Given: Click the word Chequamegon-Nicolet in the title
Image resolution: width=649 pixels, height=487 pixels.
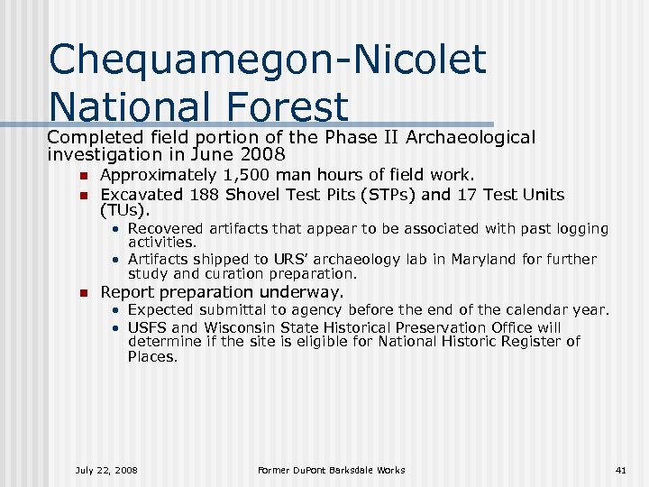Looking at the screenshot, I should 268,60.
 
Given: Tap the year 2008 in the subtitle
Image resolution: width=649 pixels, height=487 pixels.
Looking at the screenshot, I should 266,154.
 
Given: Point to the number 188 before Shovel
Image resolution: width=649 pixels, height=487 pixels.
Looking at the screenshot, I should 205,195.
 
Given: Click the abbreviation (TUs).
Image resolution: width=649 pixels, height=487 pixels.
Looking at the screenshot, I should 125,211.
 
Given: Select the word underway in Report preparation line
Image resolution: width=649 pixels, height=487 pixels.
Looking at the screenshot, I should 304,292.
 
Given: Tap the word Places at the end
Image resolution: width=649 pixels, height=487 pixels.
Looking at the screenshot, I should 152,357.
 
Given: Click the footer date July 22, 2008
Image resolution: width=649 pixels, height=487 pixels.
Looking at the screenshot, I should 106,470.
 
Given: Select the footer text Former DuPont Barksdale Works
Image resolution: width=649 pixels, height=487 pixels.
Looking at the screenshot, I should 331,470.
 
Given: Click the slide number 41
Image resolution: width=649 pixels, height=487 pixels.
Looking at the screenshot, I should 619,470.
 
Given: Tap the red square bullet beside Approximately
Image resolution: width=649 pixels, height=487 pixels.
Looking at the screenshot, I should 81,176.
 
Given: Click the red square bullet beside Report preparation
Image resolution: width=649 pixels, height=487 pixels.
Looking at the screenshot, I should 81,293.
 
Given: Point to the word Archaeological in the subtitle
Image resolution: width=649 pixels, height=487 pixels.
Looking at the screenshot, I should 471,137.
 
